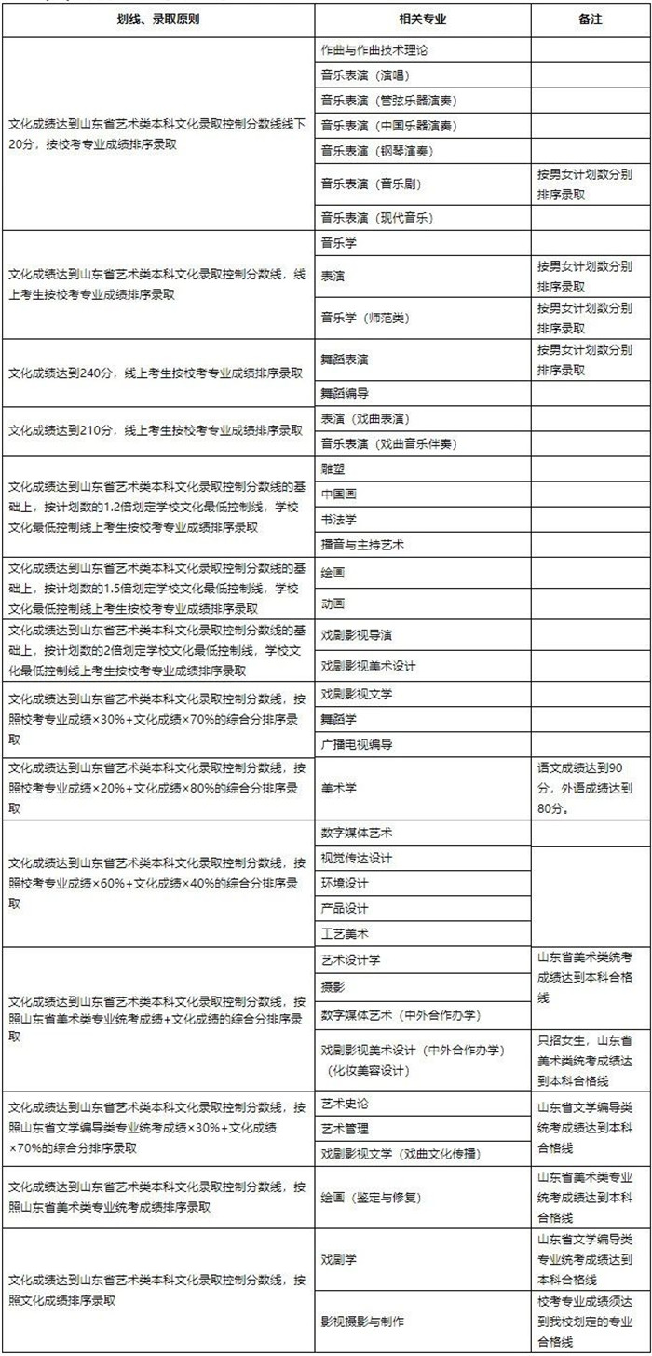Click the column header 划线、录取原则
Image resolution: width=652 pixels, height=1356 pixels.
(x=157, y=20)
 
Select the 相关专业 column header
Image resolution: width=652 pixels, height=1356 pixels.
(x=422, y=20)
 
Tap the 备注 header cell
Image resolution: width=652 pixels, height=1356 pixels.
(x=591, y=20)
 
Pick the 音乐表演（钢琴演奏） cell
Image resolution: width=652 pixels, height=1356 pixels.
(x=376, y=150)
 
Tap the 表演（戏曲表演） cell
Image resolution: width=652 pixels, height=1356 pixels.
(x=365, y=419)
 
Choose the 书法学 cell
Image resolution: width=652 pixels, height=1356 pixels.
(x=339, y=518)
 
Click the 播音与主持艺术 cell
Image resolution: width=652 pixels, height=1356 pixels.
(x=362, y=544)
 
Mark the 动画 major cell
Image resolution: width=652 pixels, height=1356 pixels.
(x=333, y=603)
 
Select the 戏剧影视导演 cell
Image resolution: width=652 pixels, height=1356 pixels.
(x=357, y=635)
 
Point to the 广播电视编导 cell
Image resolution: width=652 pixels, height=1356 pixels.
(x=357, y=744)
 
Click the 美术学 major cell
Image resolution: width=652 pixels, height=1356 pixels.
(x=339, y=788)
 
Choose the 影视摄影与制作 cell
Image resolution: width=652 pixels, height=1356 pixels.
(x=362, y=1322)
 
